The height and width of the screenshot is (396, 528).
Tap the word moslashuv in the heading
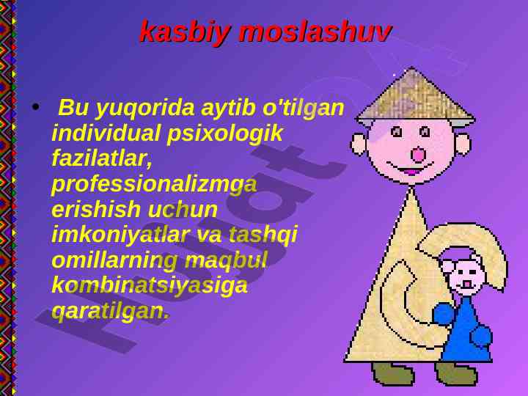[315, 32]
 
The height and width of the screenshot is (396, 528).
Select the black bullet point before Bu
[35, 107]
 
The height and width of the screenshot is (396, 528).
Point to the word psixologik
[224, 134]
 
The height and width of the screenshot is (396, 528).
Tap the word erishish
[95, 209]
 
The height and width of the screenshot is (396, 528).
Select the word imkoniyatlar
[120, 235]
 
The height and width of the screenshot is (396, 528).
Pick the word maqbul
[226, 261]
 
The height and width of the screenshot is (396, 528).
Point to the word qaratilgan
[110, 312]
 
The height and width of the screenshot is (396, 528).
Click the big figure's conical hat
[415, 95]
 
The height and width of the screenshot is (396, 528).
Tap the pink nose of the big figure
[419, 155]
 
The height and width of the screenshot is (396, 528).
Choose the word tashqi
[263, 235]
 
